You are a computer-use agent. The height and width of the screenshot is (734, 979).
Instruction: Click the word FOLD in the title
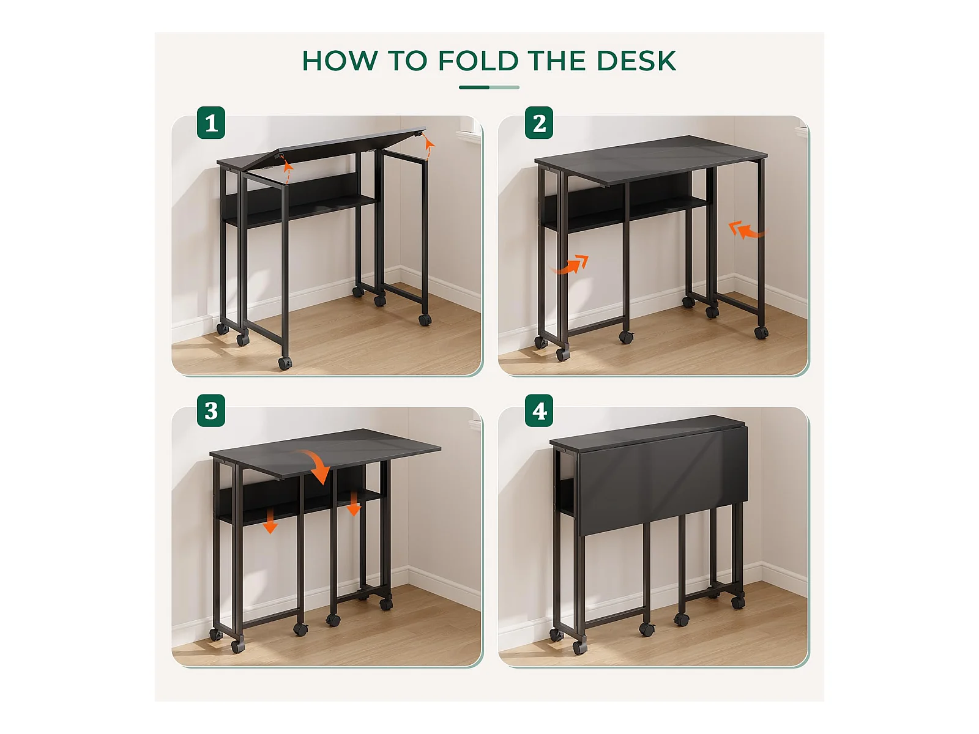478,61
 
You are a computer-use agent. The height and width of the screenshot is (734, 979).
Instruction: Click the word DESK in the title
636,61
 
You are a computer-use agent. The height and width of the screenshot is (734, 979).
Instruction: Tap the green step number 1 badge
211,123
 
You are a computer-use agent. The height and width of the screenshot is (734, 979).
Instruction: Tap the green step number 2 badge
539,123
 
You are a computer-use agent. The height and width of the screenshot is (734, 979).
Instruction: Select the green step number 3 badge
211,410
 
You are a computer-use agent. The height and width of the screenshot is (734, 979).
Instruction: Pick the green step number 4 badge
539,410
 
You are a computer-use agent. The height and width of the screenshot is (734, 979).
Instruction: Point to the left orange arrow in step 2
571,265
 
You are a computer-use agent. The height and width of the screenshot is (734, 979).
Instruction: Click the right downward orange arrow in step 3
354,503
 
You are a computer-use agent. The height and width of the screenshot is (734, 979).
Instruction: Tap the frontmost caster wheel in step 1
285,364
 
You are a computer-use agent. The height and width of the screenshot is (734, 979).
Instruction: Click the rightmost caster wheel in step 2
761,333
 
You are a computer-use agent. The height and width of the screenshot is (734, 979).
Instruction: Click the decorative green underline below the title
489,87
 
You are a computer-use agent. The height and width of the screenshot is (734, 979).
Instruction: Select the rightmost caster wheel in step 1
425,319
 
